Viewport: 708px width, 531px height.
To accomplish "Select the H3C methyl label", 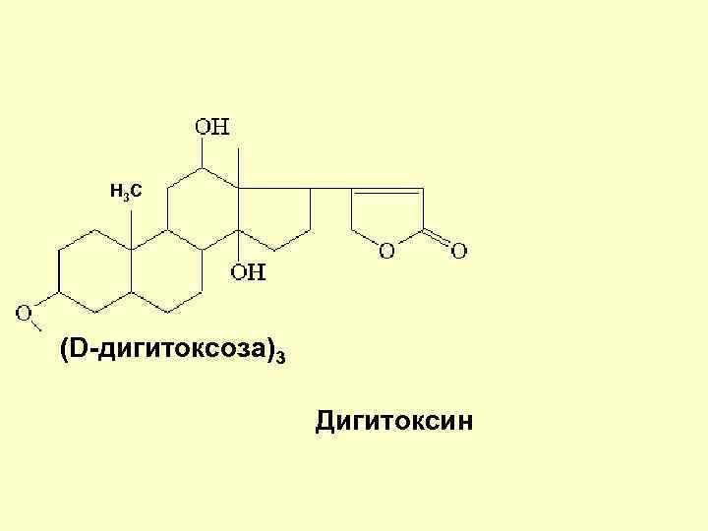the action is pyautogui.click(x=125, y=191).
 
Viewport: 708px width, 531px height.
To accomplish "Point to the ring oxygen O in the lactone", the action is pyautogui.click(x=386, y=252).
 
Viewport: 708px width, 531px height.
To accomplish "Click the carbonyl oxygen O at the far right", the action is pyautogui.click(x=458, y=252).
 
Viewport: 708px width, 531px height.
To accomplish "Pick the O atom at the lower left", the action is pyautogui.click(x=24, y=314).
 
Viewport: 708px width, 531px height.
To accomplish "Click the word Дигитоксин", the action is pyautogui.click(x=394, y=422).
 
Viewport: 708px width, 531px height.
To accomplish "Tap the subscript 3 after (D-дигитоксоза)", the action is pyautogui.click(x=282, y=356).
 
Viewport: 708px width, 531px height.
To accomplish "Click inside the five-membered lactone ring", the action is pyautogui.click(x=386, y=216).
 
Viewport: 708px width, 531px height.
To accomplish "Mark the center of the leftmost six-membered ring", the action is pyautogui.click(x=94, y=272).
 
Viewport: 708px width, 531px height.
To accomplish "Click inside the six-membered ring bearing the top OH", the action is pyautogui.click(x=203, y=208).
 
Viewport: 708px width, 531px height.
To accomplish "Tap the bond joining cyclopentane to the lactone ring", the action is pyautogui.click(x=330, y=188).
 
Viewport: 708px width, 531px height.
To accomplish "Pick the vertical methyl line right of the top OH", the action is pyautogui.click(x=239, y=165).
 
